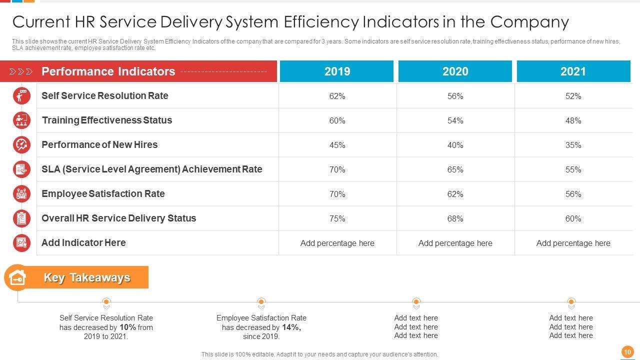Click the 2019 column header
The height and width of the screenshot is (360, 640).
click(x=337, y=71)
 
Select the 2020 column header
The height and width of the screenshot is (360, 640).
click(x=455, y=71)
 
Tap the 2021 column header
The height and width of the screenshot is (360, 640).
click(x=573, y=71)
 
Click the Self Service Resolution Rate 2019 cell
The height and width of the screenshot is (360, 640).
click(x=337, y=96)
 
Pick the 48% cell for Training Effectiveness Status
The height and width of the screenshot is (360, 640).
click(x=573, y=120)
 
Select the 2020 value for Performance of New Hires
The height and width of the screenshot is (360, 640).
click(x=455, y=145)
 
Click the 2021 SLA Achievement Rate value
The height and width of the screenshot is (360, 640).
click(x=573, y=169)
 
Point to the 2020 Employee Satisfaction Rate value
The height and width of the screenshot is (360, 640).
click(x=455, y=194)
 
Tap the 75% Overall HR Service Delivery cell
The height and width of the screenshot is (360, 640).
click(x=337, y=218)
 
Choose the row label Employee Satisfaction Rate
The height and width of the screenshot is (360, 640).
click(x=103, y=193)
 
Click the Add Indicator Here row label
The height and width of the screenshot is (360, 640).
click(x=83, y=242)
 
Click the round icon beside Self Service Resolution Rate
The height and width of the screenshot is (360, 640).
click(x=21, y=95)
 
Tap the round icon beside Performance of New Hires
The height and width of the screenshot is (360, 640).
click(x=21, y=144)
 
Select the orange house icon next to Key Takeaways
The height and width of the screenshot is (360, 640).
click(x=17, y=277)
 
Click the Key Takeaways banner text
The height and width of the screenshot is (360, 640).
click(x=87, y=277)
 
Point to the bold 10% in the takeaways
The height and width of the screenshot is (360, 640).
click(x=127, y=327)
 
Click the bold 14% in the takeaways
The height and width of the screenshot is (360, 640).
click(x=291, y=327)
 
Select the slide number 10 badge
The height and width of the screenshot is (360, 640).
click(x=627, y=352)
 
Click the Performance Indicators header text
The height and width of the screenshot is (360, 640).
click(x=108, y=71)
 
